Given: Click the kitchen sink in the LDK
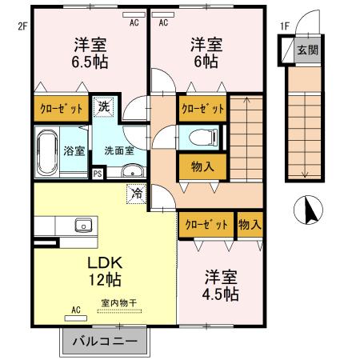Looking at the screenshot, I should point(82,225).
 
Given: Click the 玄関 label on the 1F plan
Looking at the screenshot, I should point(307,50).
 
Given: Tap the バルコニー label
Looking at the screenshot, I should point(105,341).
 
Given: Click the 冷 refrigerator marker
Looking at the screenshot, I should point(137,193).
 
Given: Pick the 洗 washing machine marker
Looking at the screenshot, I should point(105,105).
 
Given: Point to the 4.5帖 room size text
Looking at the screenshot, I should point(220,294).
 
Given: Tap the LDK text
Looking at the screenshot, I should point(103,263).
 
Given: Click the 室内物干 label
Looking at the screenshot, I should point(118,303).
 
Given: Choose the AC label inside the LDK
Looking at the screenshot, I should point(77,310).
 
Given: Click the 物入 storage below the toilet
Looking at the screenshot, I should point(202,166).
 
